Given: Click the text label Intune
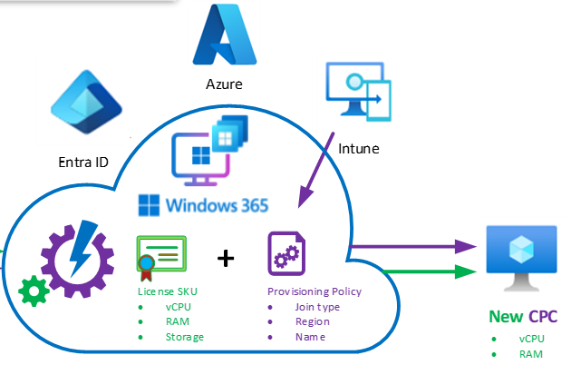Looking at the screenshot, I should click(x=358, y=146).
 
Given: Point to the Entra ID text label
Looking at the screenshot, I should click(x=82, y=163).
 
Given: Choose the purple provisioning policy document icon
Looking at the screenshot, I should click(x=285, y=253).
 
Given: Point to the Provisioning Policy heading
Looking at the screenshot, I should click(x=315, y=291).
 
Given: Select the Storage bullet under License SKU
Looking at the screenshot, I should click(x=184, y=337).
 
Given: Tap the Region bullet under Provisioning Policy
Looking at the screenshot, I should click(x=313, y=321).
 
